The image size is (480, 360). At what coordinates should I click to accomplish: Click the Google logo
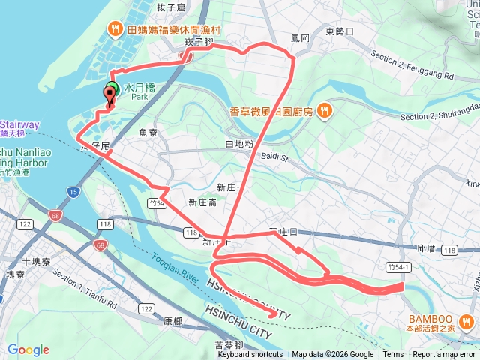click(28, 349)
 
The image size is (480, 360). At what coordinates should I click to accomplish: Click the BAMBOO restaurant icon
click(466, 323)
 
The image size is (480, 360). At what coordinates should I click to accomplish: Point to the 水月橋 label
click(139, 87)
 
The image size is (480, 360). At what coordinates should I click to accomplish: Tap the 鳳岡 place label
click(300, 36)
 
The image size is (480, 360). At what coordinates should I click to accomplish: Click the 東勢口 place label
click(340, 31)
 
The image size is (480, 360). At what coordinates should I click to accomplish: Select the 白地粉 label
click(239, 143)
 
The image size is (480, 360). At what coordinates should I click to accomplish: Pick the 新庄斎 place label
click(202, 202)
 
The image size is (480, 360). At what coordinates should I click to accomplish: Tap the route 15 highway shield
click(73, 193)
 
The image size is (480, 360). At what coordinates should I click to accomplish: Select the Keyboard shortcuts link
click(250, 355)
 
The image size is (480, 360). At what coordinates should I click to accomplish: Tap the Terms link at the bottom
click(393, 355)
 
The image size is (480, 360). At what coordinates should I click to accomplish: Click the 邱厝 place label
click(426, 248)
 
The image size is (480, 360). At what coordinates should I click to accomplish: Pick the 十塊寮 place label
click(36, 262)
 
